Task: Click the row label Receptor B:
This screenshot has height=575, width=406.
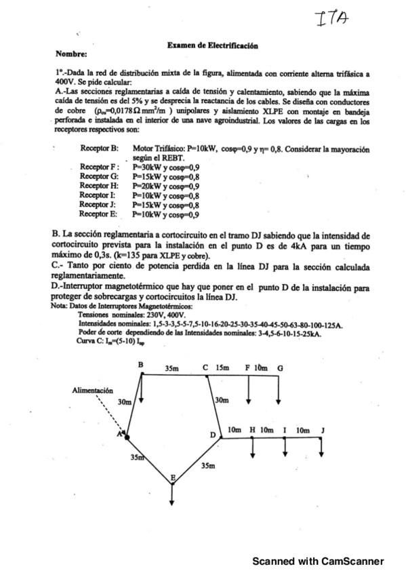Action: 100,148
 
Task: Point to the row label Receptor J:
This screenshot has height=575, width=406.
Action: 99,204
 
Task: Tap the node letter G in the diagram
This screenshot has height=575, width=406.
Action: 281,368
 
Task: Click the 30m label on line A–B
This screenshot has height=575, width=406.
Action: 124,401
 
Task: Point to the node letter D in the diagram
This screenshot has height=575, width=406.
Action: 212,434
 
